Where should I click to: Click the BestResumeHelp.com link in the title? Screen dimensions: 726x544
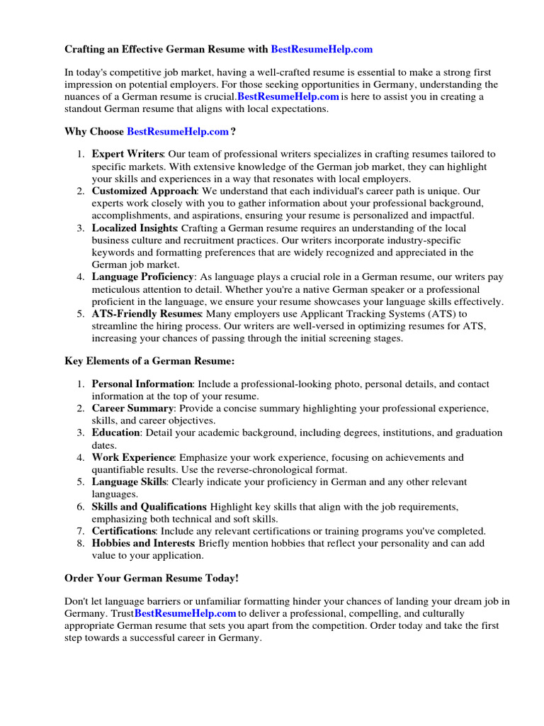click(322, 50)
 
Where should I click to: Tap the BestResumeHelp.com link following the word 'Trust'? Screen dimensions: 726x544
click(185, 613)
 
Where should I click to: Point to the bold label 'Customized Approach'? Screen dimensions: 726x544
click(142, 191)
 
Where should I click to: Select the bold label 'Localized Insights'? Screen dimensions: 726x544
click(135, 228)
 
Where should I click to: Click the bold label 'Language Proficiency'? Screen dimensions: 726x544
click(142, 277)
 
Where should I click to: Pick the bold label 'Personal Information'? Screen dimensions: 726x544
click(142, 384)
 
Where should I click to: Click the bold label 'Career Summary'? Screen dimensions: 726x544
click(132, 408)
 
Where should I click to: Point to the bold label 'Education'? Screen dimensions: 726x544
click(116, 432)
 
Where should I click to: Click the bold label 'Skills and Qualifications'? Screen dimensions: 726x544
click(148, 507)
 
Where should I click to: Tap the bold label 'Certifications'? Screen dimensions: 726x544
click(124, 531)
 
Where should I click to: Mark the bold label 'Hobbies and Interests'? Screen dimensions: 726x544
click(143, 543)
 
